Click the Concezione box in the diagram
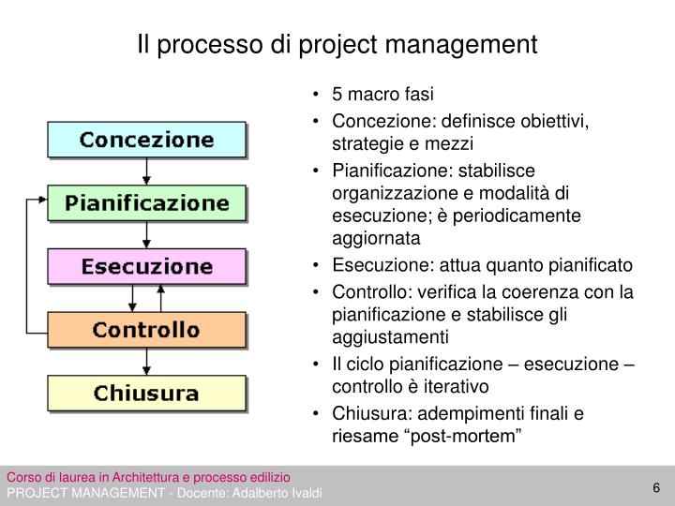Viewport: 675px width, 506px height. [x=146, y=140]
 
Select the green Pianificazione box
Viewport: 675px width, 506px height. [x=146, y=202]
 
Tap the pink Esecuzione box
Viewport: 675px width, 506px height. [x=146, y=266]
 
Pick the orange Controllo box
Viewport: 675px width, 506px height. [x=146, y=330]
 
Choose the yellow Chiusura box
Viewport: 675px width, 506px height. [x=146, y=393]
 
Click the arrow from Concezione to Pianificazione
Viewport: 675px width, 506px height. [x=146, y=171]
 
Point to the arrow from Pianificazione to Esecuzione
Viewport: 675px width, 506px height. [x=146, y=234]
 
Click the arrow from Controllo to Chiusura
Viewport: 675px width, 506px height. [x=146, y=362]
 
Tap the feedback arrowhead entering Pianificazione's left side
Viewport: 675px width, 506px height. [x=41, y=199]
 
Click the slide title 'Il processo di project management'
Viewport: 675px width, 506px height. [x=337, y=44]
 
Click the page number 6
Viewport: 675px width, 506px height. [x=656, y=486]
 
